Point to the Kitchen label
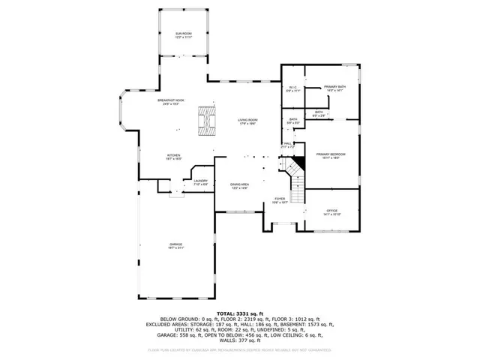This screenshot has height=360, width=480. (x=173, y=157)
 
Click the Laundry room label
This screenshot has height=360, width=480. (x=200, y=181)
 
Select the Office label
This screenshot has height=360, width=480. (x=331, y=212)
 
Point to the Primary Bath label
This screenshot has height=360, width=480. (x=334, y=88)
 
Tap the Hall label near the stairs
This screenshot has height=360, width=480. (x=287, y=145)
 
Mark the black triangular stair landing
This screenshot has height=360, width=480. (x=299, y=163)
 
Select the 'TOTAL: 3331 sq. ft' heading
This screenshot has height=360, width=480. (x=239, y=312)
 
